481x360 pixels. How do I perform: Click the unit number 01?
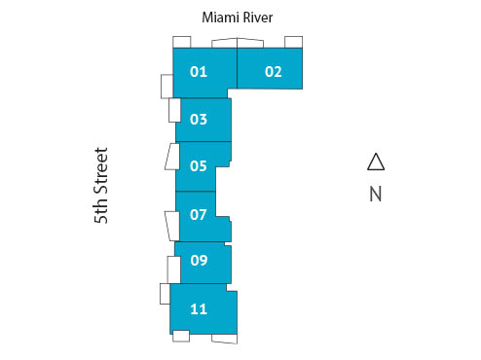[199, 71]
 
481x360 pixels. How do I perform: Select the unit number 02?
[273, 71]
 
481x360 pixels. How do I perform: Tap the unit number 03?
[199, 120]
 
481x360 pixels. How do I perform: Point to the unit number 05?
[199, 165]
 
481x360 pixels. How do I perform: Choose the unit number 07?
[199, 213]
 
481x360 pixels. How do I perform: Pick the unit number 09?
[199, 260]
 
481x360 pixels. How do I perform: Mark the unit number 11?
[199, 309]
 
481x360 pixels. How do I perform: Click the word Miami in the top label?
[223, 18]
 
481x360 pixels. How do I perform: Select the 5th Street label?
[101, 186]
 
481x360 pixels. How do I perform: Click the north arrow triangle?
[376, 162]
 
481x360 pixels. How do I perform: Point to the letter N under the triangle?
[376, 194]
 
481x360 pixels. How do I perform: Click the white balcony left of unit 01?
[166, 85]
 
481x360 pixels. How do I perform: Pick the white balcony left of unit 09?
[173, 268]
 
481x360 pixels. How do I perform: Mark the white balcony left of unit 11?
[165, 294]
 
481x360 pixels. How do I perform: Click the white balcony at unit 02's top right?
[293, 41]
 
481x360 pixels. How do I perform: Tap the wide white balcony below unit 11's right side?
[224, 338]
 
